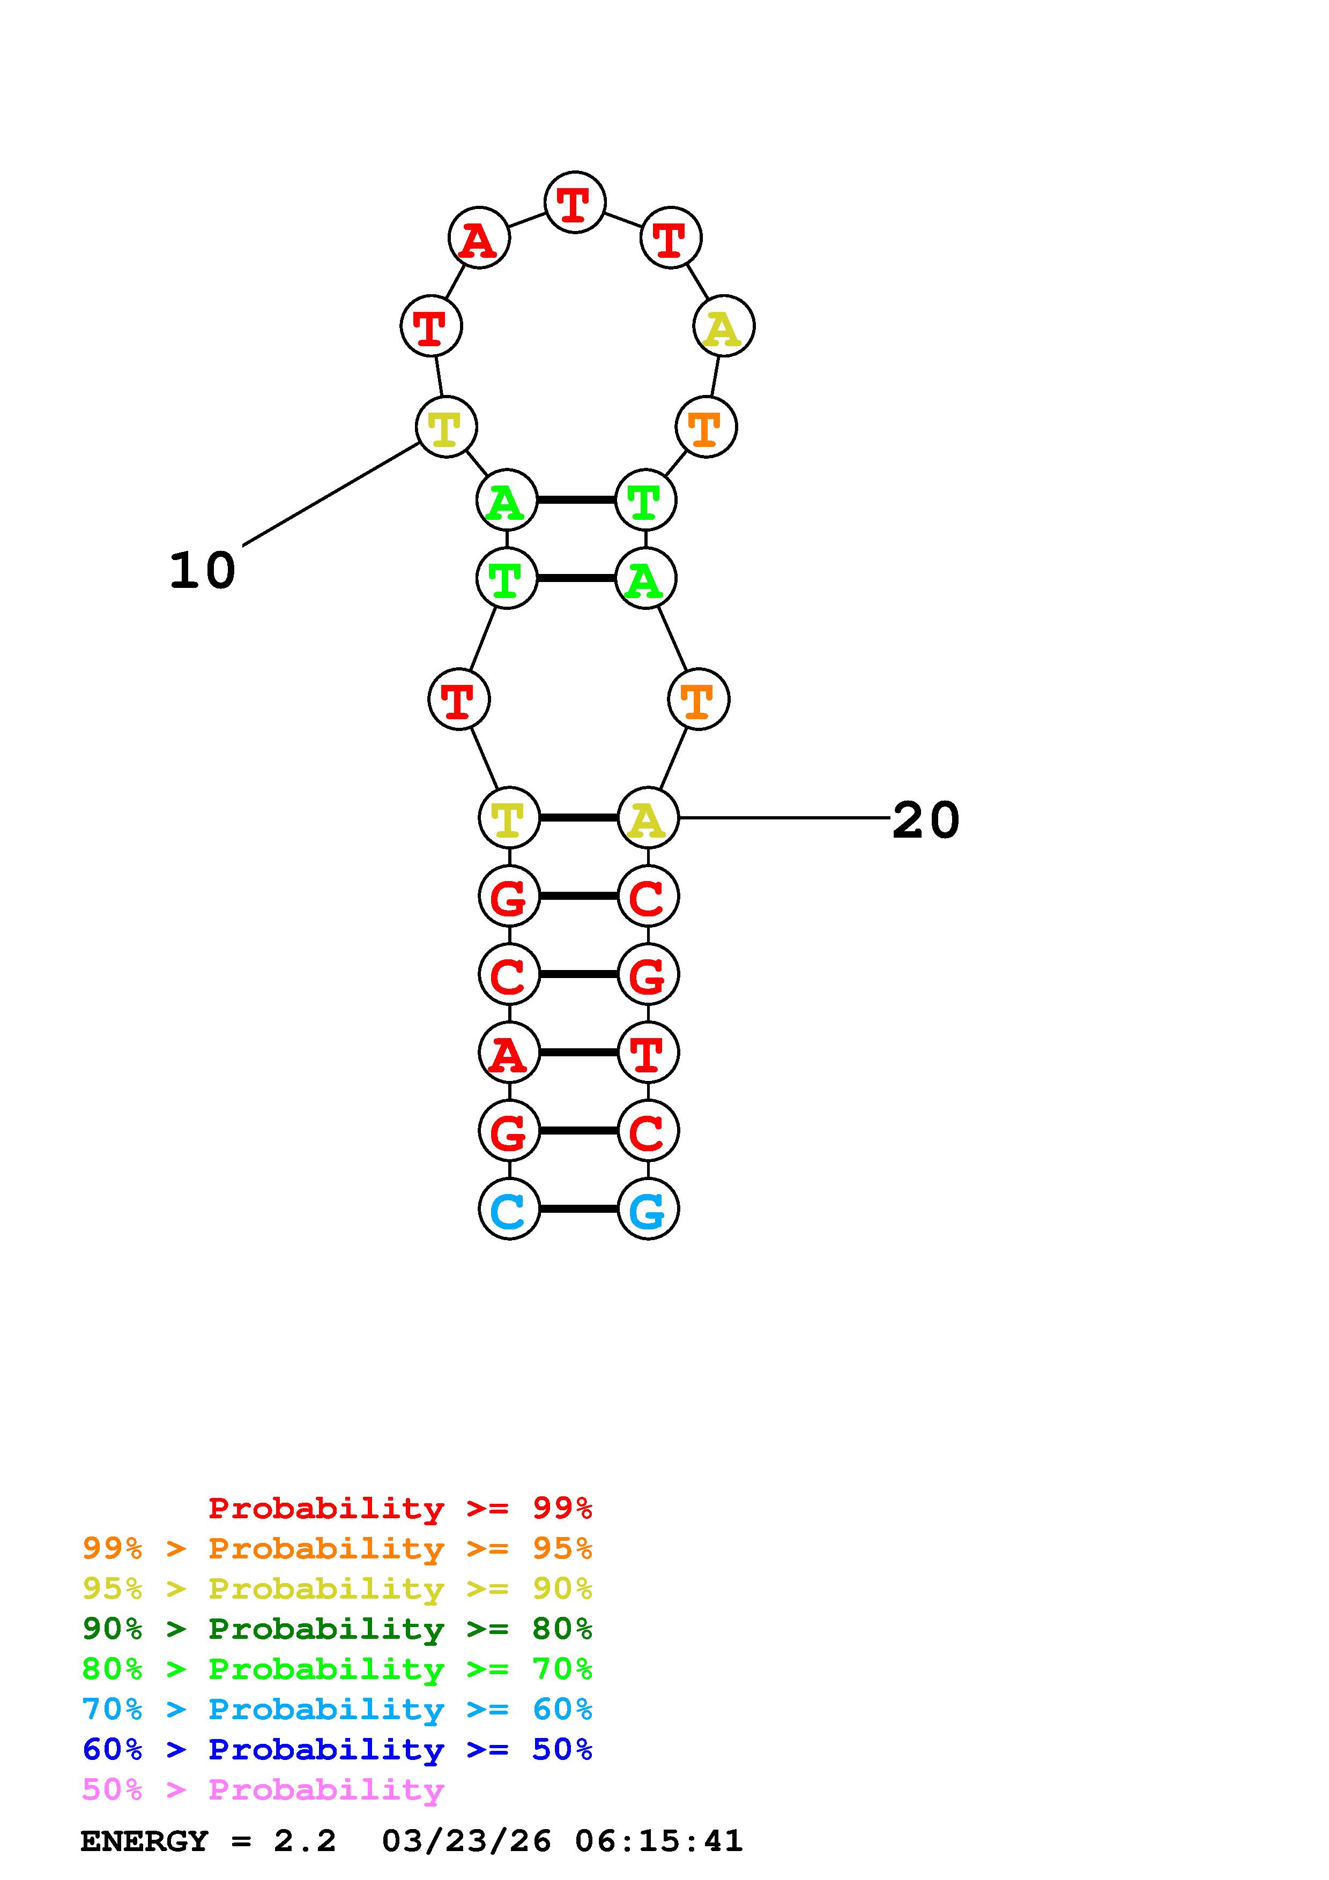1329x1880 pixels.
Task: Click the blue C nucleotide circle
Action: coord(509,1208)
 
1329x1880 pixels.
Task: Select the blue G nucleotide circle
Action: coord(648,1208)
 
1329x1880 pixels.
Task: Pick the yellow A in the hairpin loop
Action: coord(723,327)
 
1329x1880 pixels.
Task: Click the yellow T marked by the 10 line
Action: coord(446,428)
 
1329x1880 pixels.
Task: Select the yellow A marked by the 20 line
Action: coord(648,818)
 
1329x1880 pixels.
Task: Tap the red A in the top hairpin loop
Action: coord(479,238)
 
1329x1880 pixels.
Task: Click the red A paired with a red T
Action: coord(509,1052)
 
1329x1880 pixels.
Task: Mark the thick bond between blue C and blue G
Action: coord(578,1208)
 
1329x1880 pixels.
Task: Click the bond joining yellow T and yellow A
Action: coord(578,818)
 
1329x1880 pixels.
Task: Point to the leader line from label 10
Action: coord(332,494)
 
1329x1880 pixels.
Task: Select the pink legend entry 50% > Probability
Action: coord(262,1790)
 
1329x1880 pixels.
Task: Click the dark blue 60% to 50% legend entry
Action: coord(337,1750)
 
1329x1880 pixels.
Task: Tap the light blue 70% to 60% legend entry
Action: coord(337,1710)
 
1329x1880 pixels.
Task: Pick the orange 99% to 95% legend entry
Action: coord(337,1548)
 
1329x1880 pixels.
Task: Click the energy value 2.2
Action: coord(305,1841)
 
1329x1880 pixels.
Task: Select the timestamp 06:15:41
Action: coord(658,1841)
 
